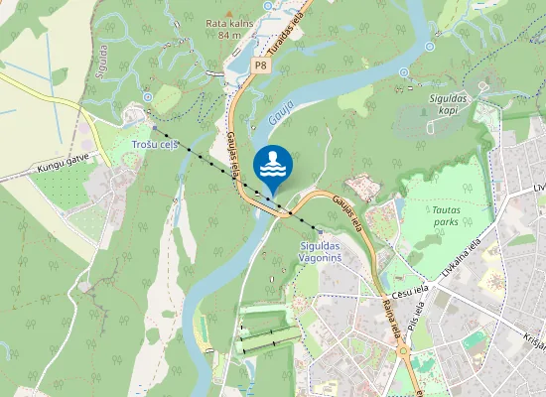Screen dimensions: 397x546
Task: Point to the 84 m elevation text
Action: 229,35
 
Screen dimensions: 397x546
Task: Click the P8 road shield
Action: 260,66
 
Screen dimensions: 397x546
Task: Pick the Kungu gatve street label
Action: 63,160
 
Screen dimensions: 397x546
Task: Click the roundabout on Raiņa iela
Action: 404,350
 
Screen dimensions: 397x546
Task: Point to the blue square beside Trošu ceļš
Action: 154,129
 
